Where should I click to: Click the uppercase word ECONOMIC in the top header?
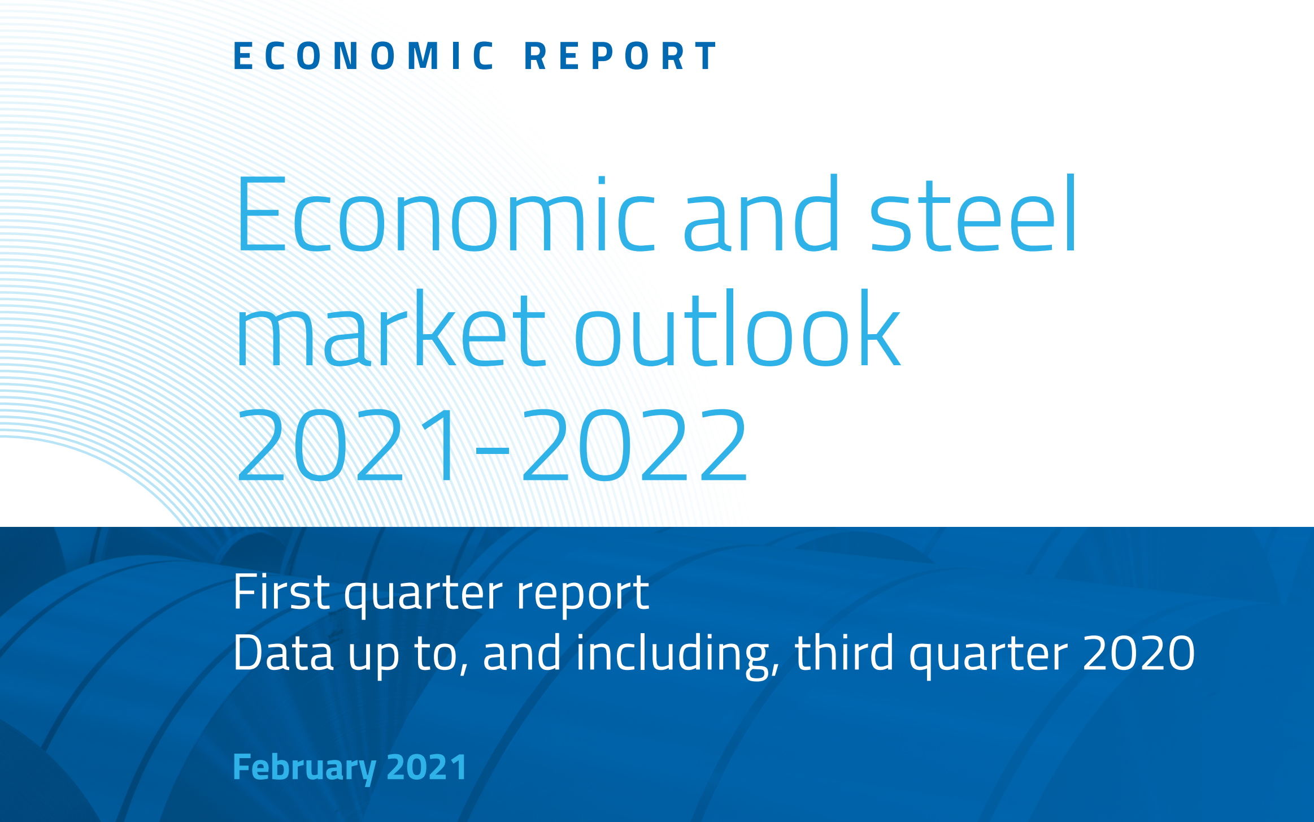click(x=364, y=56)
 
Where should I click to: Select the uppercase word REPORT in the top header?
click(x=620, y=56)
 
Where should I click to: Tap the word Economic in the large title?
click(x=445, y=214)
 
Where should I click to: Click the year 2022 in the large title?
click(x=635, y=445)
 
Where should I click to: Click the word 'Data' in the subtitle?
click(x=284, y=653)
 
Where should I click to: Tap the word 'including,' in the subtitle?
click(x=678, y=656)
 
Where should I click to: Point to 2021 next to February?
click(x=427, y=767)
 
